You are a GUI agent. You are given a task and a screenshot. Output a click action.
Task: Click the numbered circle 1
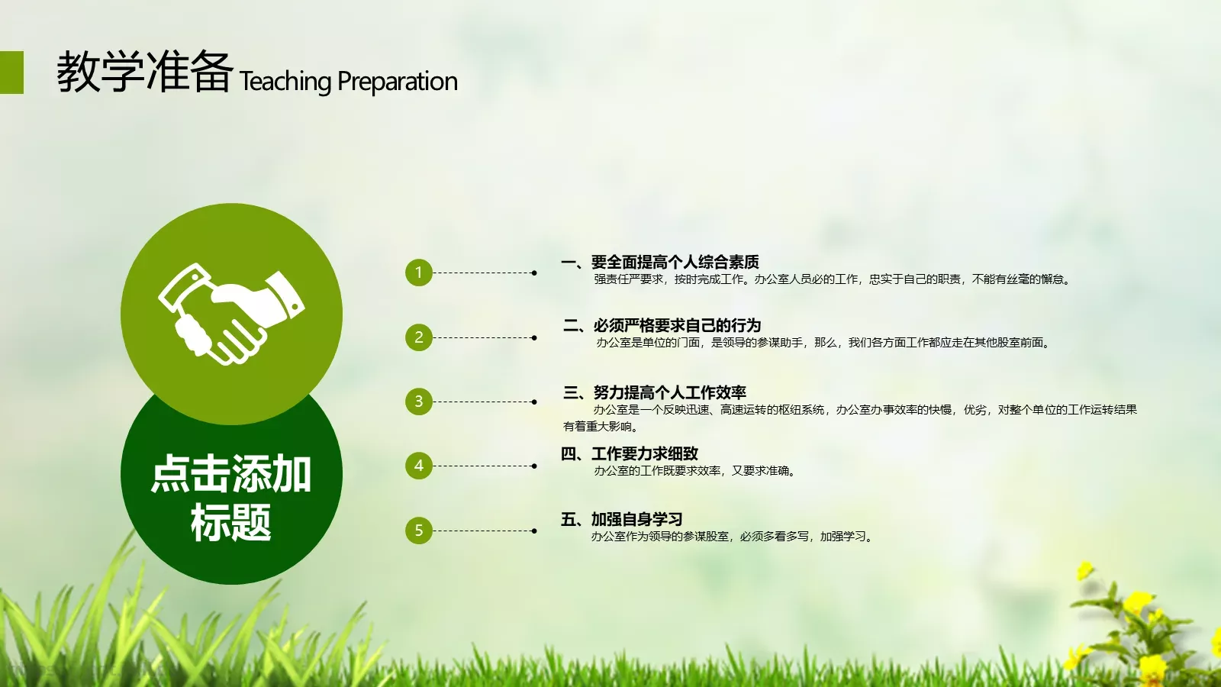418,273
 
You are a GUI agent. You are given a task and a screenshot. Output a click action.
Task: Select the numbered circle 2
418,337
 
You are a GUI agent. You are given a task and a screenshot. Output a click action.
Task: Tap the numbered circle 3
418,402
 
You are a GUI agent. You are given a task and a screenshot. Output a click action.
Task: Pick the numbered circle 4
418,466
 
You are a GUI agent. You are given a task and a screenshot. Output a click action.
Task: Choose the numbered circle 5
418,531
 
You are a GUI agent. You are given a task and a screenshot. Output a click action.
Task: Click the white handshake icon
231,314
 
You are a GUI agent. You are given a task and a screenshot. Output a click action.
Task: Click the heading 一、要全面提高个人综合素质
660,263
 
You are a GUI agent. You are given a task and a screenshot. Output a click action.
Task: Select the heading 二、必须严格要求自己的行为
662,326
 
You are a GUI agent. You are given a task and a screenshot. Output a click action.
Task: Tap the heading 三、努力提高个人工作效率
654,392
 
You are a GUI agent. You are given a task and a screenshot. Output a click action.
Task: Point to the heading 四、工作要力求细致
630,454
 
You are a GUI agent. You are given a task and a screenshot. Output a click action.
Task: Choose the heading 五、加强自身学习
622,520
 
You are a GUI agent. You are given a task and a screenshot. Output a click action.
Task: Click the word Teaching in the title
285,82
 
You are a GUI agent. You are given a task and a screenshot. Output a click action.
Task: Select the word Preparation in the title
397,82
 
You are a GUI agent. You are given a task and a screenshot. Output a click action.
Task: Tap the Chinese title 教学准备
145,72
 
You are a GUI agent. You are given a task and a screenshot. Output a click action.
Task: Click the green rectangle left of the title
11,73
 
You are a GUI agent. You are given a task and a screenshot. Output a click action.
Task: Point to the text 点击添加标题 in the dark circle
231,498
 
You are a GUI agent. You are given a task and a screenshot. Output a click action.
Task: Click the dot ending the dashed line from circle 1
534,273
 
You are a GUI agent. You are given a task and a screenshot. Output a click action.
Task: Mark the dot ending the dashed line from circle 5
534,531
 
